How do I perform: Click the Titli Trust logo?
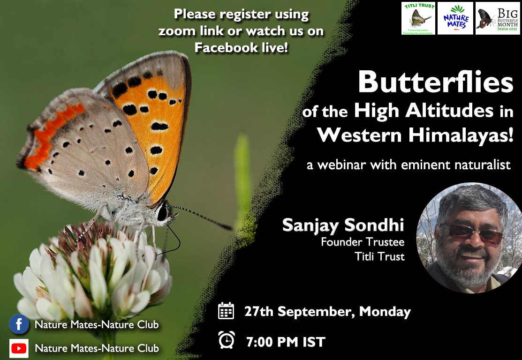pyautogui.click(x=418, y=18)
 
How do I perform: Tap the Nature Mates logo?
pyautogui.click(x=455, y=18)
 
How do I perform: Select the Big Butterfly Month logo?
pyautogui.click(x=497, y=18)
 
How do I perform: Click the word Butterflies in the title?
pyautogui.click(x=435, y=83)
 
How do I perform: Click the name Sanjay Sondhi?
pyautogui.click(x=343, y=225)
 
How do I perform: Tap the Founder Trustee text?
pyautogui.click(x=363, y=242)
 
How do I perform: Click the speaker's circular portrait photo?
pyautogui.click(x=469, y=238)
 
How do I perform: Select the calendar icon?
pyautogui.click(x=226, y=311)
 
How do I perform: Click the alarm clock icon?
pyautogui.click(x=227, y=340)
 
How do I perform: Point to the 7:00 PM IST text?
pyautogui.click(x=286, y=342)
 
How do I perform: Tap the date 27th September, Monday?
pyautogui.click(x=327, y=312)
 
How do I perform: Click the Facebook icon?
pyautogui.click(x=19, y=324)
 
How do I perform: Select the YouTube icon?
pyautogui.click(x=19, y=348)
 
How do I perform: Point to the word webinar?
pyautogui.click(x=342, y=165)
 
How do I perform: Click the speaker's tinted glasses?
pyautogui.click(x=471, y=233)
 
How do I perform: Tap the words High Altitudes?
pyautogui.click(x=424, y=111)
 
